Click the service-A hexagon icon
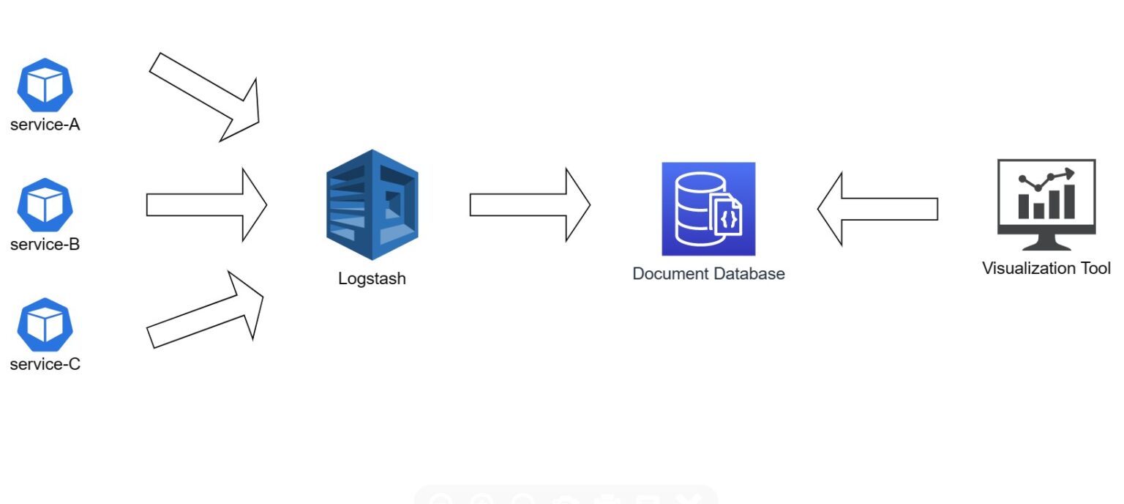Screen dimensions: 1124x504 pyautogui.click(x=45, y=85)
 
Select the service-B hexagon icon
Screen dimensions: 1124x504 pyautogui.click(x=45, y=205)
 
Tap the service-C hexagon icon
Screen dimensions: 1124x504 pyautogui.click(x=45, y=325)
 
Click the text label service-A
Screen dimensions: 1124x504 pyautogui.click(x=45, y=125)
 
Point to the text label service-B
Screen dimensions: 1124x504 pyautogui.click(x=45, y=244)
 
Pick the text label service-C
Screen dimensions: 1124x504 pyautogui.click(x=45, y=364)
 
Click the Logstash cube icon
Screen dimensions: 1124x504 pyautogui.click(x=372, y=204)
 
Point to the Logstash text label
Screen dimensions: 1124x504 pyautogui.click(x=372, y=278)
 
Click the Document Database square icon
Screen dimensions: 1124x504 pyautogui.click(x=708, y=209)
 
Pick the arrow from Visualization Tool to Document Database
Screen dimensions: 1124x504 pyautogui.click(x=877, y=209)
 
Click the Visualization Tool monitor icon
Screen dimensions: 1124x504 pyautogui.click(x=1046, y=204)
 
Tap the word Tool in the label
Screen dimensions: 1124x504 pyautogui.click(x=1096, y=268)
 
